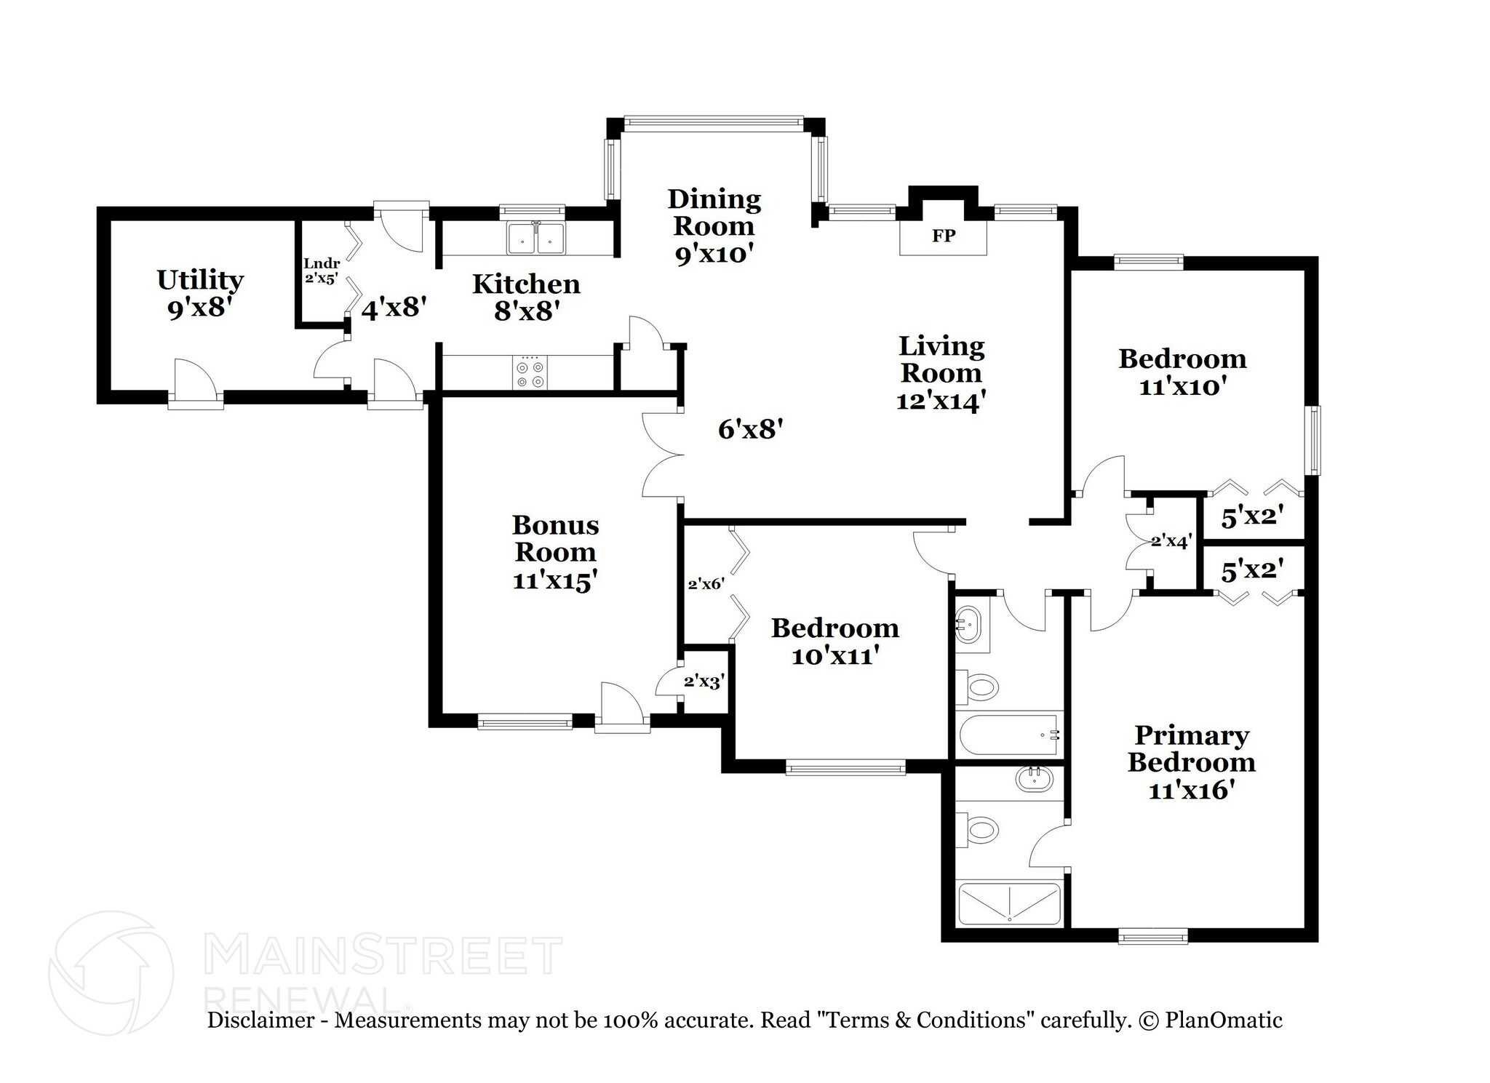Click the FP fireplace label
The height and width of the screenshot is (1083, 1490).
pos(943,236)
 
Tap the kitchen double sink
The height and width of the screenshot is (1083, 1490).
pos(537,238)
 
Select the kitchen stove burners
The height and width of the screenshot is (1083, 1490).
pos(530,374)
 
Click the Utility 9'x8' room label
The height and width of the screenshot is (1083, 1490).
pos(200,294)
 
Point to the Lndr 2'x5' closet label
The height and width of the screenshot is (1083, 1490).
pos(321,270)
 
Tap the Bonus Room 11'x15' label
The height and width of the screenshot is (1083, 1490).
pos(555,552)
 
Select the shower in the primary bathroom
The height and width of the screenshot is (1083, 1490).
pos(1009,903)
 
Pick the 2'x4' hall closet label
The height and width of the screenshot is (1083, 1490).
pos(1171,542)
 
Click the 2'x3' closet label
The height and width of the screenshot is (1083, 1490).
pos(704,682)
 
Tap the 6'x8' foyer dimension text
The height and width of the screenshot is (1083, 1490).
pos(750,430)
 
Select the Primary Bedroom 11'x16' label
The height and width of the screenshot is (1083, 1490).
pos(1191,762)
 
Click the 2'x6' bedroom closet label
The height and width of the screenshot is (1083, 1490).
pos(706,583)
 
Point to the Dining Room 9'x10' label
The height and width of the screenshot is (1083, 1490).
pos(714,225)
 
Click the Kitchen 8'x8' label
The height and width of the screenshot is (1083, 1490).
pos(526,297)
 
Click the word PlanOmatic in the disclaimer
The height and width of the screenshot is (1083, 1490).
pos(1223,1020)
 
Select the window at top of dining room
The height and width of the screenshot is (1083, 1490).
pos(713,123)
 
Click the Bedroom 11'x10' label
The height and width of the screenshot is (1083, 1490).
pos(1182,372)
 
